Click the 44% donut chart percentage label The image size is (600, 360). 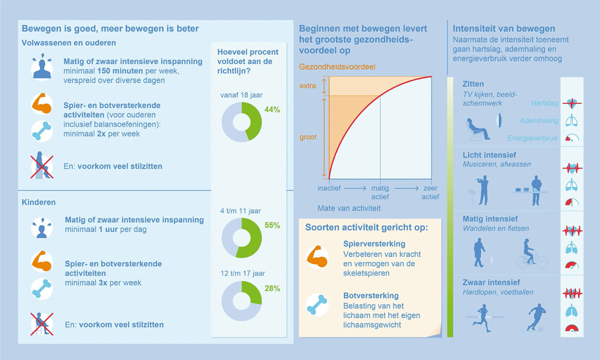[x=272, y=110]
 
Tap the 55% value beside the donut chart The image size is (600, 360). [x=272, y=226]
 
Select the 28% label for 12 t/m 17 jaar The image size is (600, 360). [x=272, y=289]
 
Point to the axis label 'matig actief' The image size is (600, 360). [x=380, y=192]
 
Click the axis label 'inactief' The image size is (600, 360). [x=329, y=188]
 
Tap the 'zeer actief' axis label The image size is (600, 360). [x=431, y=192]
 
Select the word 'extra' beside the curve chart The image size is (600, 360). [x=308, y=86]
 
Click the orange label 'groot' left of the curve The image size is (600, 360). [x=308, y=138]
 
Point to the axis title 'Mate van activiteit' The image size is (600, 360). [x=349, y=209]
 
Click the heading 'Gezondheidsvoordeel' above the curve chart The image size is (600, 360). [x=337, y=67]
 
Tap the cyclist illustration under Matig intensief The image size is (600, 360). [x=531, y=253]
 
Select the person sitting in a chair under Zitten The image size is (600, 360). [x=478, y=128]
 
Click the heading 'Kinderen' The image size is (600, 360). [x=39, y=203]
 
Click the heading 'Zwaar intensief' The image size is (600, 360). [x=491, y=282]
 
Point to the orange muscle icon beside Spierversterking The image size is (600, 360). [x=317, y=256]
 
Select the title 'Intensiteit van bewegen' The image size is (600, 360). [x=504, y=29]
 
